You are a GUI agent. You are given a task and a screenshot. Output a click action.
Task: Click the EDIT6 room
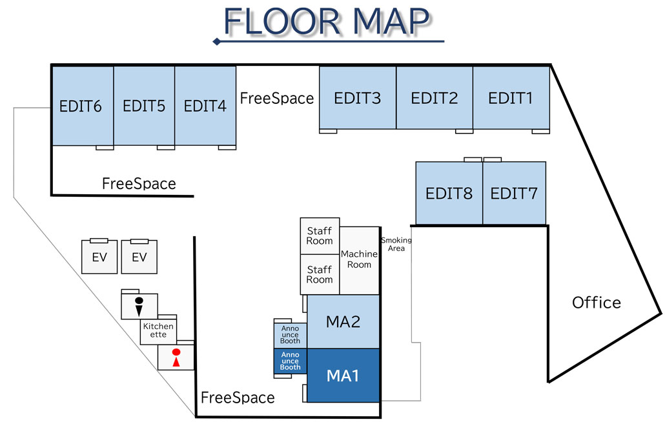[81, 106]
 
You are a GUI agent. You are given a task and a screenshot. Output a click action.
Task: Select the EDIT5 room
[144, 106]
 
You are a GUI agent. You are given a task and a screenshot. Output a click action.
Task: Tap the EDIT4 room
[205, 106]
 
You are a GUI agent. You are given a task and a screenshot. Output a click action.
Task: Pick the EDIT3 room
[357, 98]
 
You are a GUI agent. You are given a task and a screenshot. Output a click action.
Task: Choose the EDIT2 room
[435, 98]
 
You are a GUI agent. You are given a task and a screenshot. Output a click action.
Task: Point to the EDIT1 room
[511, 98]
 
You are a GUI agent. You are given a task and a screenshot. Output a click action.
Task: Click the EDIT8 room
[449, 193]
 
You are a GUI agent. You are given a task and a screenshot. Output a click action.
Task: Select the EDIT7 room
[514, 193]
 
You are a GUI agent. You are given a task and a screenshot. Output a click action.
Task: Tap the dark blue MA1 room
[343, 376]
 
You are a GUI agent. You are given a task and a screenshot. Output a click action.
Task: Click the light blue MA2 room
[343, 321]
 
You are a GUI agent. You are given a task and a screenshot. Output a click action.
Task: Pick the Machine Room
[359, 259]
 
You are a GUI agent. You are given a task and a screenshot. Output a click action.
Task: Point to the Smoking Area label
[396, 244]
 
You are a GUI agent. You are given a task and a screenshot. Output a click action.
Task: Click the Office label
[597, 302]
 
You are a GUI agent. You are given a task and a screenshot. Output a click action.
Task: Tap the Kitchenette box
[158, 330]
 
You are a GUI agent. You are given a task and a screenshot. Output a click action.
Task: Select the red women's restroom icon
[175, 357]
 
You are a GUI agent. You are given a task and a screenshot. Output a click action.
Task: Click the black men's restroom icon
[139, 306]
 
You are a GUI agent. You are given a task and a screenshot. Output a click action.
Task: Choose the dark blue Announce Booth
[290, 361]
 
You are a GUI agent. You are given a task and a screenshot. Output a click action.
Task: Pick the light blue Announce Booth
[290, 335]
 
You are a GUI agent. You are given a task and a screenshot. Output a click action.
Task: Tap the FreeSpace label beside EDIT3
[277, 98]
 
